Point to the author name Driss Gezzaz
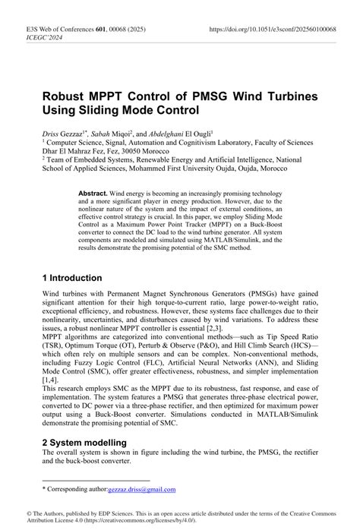tap(63, 132)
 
